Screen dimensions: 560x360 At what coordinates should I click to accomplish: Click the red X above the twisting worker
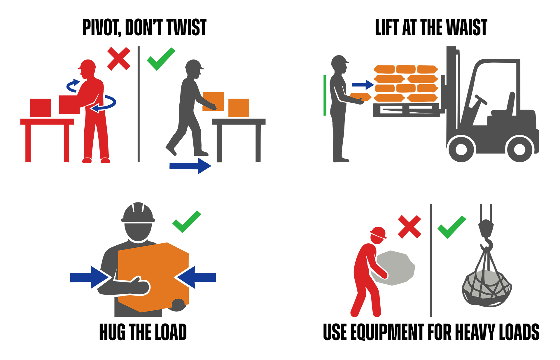point(119,59)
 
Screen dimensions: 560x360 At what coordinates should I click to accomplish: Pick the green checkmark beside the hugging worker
point(187,222)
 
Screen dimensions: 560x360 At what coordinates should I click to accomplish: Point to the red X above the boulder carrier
point(409,227)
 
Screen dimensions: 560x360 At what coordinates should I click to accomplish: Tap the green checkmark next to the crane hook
point(452,227)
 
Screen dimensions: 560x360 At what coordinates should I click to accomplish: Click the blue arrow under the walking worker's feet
point(190,166)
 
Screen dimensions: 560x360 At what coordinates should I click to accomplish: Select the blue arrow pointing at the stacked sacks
point(363,85)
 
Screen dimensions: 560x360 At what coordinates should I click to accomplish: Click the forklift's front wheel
point(461,149)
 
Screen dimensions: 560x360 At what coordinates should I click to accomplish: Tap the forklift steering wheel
point(481,100)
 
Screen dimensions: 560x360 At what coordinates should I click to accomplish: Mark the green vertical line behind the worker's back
point(325,95)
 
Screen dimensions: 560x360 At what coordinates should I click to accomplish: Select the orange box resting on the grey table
point(239,108)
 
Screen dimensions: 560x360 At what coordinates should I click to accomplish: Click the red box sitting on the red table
point(41,108)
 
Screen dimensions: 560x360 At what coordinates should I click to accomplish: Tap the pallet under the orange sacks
point(406,110)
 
